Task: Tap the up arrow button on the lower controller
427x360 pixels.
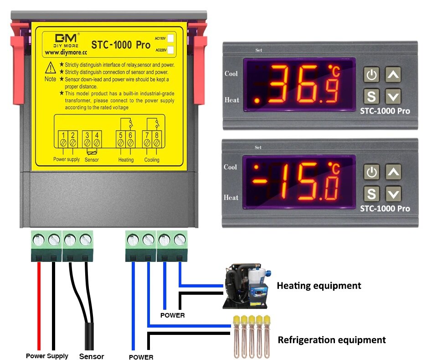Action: point(393,172)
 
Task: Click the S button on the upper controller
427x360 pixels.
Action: point(372,96)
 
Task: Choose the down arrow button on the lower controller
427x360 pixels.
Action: point(393,195)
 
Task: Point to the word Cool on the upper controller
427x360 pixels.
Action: point(231,73)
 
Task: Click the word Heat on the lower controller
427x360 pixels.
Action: point(231,198)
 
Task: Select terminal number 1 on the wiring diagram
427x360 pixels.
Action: point(63,135)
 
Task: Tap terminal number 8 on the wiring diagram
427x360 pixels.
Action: point(157,135)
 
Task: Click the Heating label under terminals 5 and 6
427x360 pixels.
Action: point(126,160)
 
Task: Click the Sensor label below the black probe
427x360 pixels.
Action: point(92,356)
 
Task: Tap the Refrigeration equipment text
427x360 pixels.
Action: point(332,340)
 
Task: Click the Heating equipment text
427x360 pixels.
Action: point(319,286)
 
